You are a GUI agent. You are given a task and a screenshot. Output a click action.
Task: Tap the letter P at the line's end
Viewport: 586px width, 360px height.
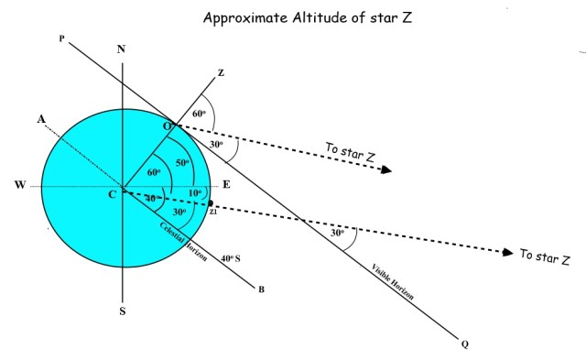pyautogui.click(x=61, y=38)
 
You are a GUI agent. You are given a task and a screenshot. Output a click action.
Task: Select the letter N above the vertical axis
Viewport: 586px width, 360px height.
pyautogui.click(x=123, y=49)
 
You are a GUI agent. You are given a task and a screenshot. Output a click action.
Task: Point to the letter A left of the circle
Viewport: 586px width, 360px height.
pyautogui.click(x=40, y=119)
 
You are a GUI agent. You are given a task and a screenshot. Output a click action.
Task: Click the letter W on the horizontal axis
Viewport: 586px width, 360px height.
pyautogui.click(x=20, y=187)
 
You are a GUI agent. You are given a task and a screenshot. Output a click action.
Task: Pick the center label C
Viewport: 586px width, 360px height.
pyautogui.click(x=111, y=194)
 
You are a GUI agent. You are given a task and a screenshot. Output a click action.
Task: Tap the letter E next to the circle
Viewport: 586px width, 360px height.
pyautogui.click(x=226, y=184)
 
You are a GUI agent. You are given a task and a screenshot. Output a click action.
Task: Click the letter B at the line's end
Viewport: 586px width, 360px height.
pyautogui.click(x=261, y=291)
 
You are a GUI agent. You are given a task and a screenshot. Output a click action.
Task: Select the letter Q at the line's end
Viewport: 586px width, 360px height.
pyautogui.click(x=464, y=345)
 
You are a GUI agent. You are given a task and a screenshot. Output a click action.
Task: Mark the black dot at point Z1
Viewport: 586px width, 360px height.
pyautogui.click(x=212, y=203)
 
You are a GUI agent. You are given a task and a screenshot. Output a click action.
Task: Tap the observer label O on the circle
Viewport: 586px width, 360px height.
pyautogui.click(x=168, y=124)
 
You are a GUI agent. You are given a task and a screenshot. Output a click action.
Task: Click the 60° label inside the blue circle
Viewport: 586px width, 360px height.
pyautogui.click(x=154, y=171)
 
